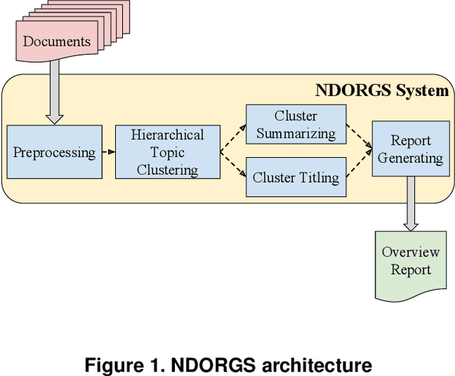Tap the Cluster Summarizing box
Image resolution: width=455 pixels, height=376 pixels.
(296, 124)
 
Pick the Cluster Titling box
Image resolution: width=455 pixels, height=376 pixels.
(296, 177)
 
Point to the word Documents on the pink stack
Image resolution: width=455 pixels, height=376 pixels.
(57, 41)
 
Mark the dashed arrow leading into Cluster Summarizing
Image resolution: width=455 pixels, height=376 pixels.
(232, 136)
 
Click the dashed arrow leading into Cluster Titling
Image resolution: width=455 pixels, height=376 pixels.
(232, 167)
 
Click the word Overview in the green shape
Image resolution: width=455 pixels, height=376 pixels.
(410, 252)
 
